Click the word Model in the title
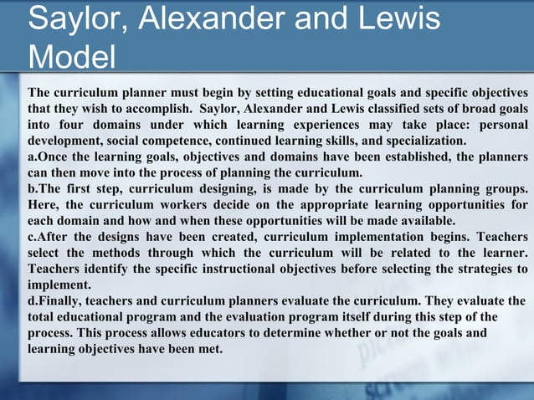point(72,58)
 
